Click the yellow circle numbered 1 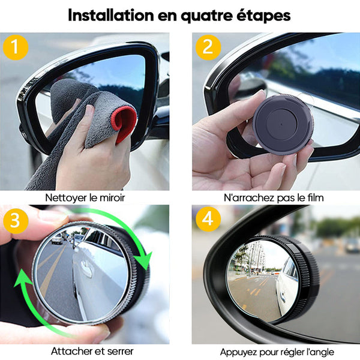click(x=16, y=47)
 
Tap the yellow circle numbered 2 click(x=208, y=47)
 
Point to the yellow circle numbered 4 click(x=208, y=219)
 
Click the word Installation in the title click(x=111, y=15)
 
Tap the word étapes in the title click(x=263, y=16)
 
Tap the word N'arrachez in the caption click(x=249, y=197)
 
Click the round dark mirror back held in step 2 click(x=283, y=124)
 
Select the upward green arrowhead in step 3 click(x=23, y=279)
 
